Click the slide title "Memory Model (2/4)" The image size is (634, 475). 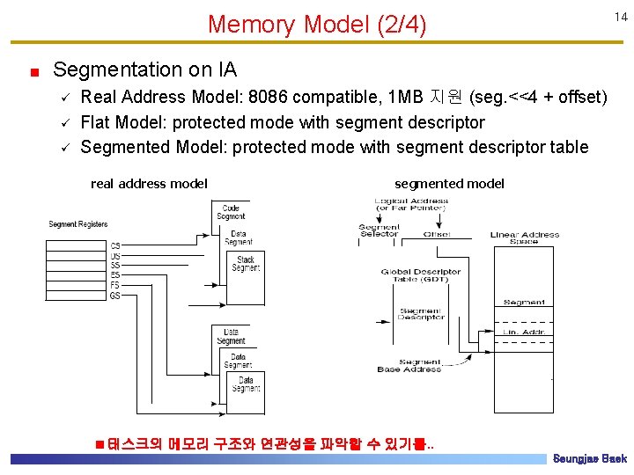pos(316,25)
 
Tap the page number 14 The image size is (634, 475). pos(620,17)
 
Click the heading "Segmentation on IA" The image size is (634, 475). pos(144,69)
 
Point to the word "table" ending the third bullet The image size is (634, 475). pos(569,147)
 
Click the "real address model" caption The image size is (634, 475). pos(149,183)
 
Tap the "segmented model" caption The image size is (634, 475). pos(449,183)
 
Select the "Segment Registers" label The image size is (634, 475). pos(78,224)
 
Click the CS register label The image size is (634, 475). pos(115,245)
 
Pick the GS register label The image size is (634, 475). pos(115,296)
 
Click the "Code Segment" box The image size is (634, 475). pos(231,212)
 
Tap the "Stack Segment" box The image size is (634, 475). pos(246,263)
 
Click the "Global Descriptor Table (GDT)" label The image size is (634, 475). pos(420,275)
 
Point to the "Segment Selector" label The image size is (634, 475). pos(379,230)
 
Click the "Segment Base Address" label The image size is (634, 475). pos(409,366)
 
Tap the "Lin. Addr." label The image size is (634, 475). pos(524,332)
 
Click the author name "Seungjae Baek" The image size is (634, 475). pos(589,459)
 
